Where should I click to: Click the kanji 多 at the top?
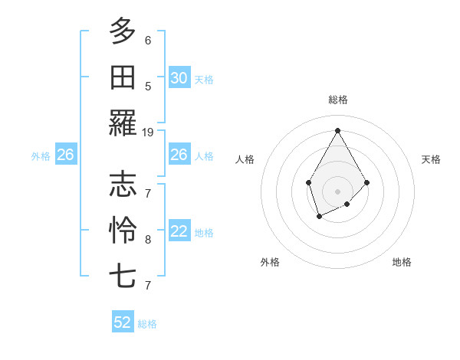[123, 31]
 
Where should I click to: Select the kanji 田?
[123, 77]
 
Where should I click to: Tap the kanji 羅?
[123, 123]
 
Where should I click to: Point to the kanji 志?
[123, 184]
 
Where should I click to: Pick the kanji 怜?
[123, 229]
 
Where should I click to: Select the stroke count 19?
[148, 132]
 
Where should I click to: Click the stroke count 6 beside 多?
[148, 40]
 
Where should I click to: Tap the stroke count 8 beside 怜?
[148, 239]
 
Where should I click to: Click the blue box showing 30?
[179, 78]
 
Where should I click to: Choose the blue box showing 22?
[179, 232]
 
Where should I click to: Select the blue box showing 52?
[123, 322]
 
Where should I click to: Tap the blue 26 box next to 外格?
[65, 155]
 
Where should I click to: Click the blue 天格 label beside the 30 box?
[204, 79]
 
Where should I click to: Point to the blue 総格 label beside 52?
[147, 324]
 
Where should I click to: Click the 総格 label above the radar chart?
[337, 100]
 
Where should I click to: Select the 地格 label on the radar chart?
[402, 262]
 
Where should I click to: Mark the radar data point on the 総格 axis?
[337, 129]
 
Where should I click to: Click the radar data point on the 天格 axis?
[367, 182]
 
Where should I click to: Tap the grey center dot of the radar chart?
[337, 191]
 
